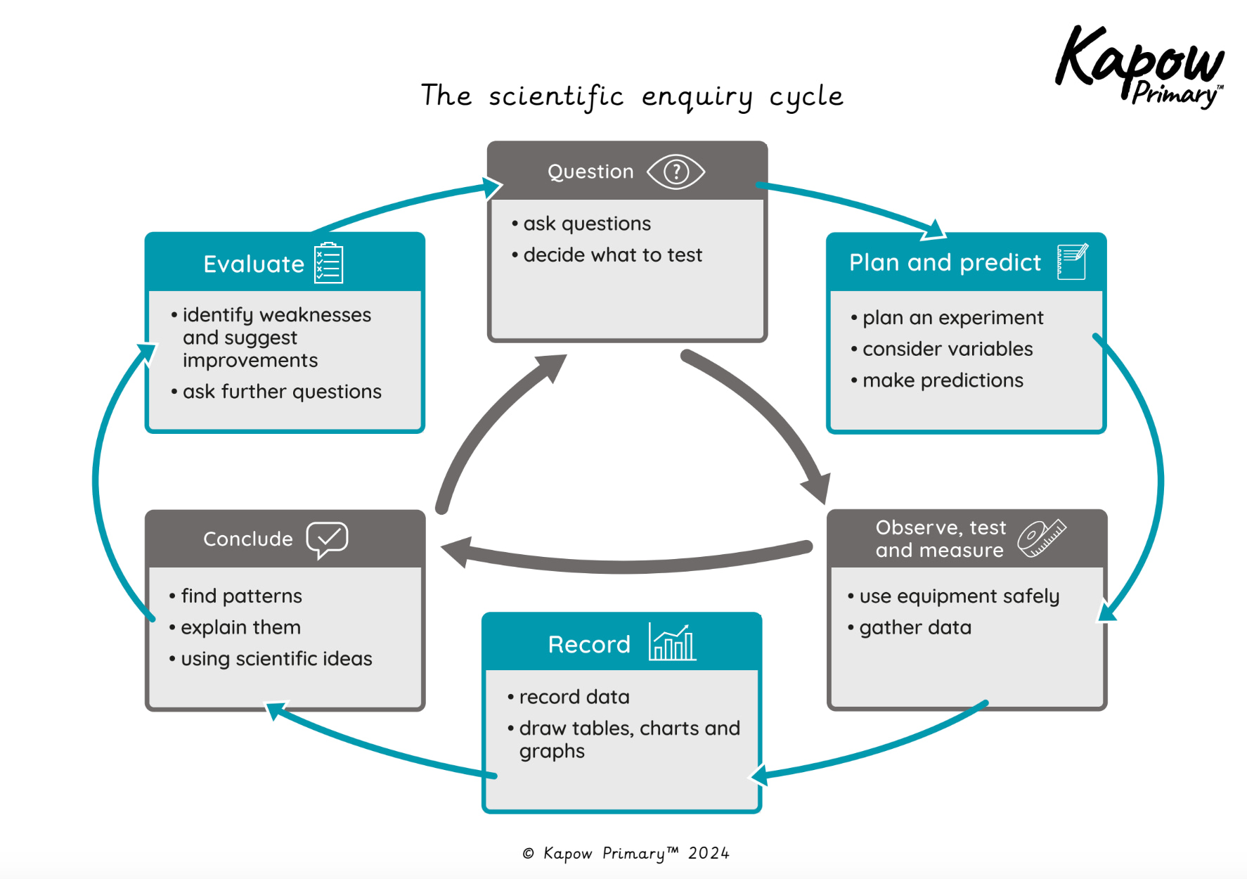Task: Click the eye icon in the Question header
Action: pos(676,172)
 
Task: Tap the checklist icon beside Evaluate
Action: pos(328,263)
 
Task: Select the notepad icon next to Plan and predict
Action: pos(1072,262)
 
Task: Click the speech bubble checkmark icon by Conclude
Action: pos(327,539)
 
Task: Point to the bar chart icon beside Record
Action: pos(672,642)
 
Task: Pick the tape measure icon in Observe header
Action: pos(1042,539)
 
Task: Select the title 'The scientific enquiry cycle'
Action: pos(631,96)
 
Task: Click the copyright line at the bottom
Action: pos(626,853)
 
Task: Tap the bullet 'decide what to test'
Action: pos(612,255)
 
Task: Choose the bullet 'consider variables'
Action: pos(947,349)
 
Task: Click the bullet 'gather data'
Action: pos(915,627)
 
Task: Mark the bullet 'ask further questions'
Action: pos(282,391)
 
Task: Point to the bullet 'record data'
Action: pos(574,697)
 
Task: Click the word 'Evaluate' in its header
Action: pos(254,264)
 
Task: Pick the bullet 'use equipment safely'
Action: pos(959,596)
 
